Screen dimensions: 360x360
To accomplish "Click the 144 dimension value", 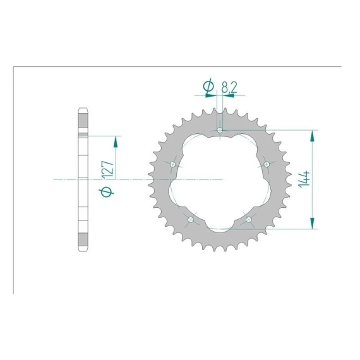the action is click(x=304, y=179).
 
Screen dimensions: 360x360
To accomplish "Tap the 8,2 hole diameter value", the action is click(x=229, y=87).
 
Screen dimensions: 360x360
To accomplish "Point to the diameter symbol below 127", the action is click(x=106, y=192).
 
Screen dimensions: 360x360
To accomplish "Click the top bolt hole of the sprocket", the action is click(x=220, y=130).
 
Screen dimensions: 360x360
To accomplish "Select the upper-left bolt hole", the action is click(x=173, y=164).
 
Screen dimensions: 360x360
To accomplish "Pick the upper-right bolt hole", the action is click(x=267, y=164).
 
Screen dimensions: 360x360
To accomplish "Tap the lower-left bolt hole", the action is click(x=191, y=220).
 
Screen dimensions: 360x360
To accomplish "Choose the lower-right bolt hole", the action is click(x=249, y=220).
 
